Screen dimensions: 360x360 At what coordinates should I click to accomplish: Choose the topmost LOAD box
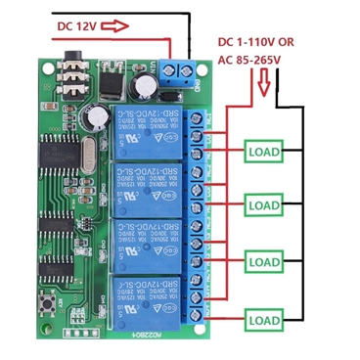(x=263, y=152)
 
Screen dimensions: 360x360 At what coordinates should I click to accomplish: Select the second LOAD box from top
(x=263, y=206)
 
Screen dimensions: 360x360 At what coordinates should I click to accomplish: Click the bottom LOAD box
(x=263, y=319)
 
